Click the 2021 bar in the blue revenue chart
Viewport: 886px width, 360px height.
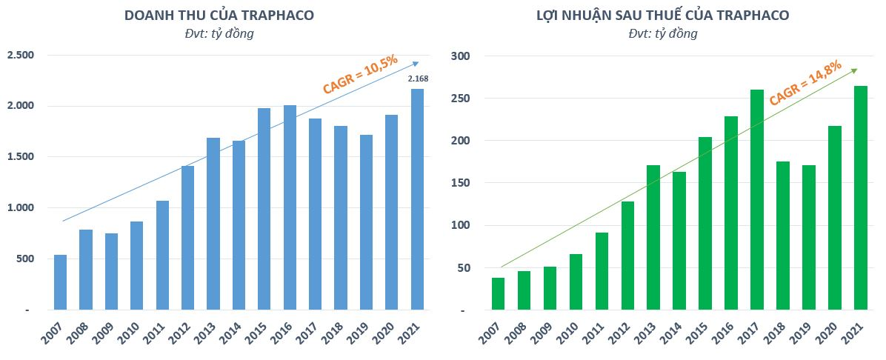(418, 199)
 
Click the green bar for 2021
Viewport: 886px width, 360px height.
(860, 198)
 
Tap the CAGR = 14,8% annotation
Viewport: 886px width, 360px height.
(805, 82)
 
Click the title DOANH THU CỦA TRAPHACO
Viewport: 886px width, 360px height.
(219, 15)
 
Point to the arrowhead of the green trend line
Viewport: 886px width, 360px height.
(854, 70)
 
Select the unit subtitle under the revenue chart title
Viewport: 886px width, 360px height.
(219, 33)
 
